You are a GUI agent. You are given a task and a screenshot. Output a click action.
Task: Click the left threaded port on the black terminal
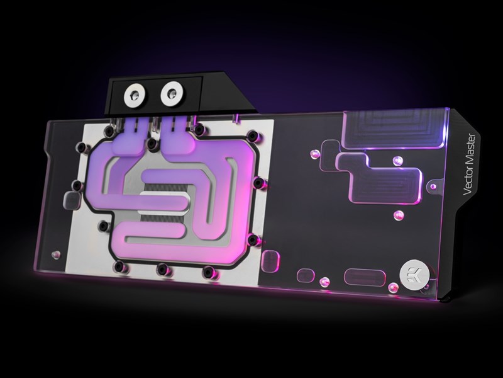click(x=135, y=94)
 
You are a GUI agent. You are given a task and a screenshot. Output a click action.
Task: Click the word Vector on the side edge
click(x=468, y=181)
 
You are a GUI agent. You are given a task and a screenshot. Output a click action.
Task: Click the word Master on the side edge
click(x=469, y=149)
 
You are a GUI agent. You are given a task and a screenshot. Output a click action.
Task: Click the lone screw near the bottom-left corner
click(x=56, y=255)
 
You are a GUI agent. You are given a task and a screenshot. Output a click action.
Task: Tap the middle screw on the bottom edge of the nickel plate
click(x=163, y=269)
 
